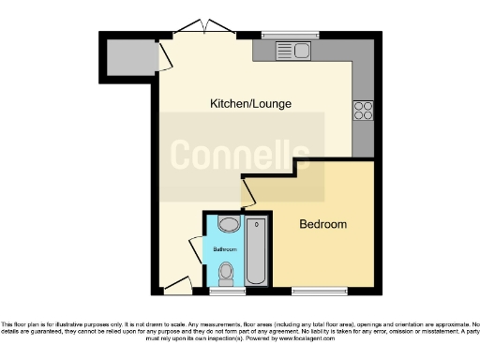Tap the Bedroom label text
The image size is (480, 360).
[322, 225]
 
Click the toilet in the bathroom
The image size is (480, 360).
[225, 274]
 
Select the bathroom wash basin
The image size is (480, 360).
[229, 225]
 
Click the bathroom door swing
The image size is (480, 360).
[195, 250]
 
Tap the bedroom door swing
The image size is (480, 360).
[248, 194]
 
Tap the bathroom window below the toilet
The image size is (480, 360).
[225, 292]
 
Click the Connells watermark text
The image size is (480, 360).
[240, 154]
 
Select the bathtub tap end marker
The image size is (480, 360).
[257, 226]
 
